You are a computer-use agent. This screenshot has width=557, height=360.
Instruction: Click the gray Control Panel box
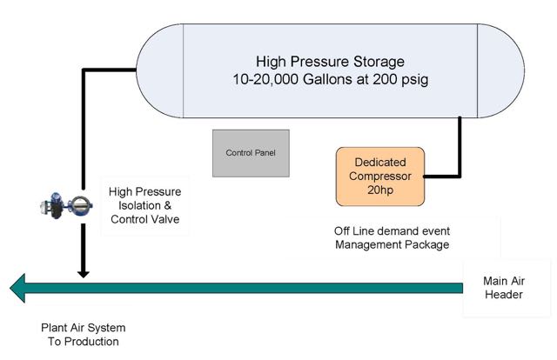pos(251,153)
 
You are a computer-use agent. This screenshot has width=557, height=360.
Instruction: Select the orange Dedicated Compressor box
pos(380,177)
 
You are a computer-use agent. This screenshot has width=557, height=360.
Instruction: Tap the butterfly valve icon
pos(66,205)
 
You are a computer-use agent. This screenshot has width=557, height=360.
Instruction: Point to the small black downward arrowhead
pos(84,275)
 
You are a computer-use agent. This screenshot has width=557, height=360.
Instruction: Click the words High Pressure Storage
pos(330,62)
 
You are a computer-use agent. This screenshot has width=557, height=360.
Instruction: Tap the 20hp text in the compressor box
pos(380,190)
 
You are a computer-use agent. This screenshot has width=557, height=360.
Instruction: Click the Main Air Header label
pos(504,288)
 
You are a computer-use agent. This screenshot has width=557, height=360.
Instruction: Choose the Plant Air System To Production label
pos(84,335)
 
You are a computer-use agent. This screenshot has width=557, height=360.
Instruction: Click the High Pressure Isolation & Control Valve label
pos(145,205)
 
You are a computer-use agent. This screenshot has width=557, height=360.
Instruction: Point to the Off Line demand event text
pos(392,231)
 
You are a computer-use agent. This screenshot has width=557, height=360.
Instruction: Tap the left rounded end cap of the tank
pos(159,70)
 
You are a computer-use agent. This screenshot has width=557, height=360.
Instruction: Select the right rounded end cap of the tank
pos(500,70)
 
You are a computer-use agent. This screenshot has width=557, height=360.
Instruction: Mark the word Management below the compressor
pos(367,244)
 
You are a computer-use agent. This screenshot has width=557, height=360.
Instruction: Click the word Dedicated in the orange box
pos(380,163)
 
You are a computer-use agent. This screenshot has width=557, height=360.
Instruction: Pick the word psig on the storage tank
pos(415,80)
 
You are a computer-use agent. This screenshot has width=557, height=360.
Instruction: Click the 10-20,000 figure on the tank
pos(265,79)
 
